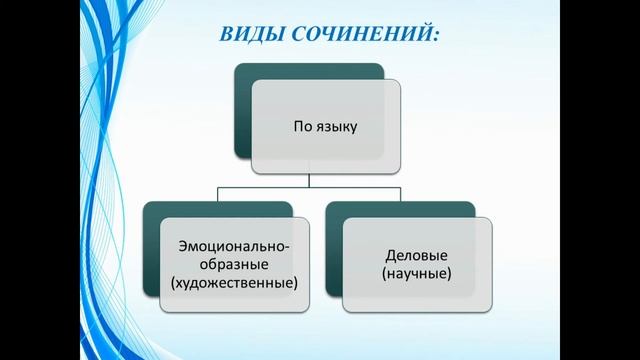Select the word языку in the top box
[335, 127]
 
